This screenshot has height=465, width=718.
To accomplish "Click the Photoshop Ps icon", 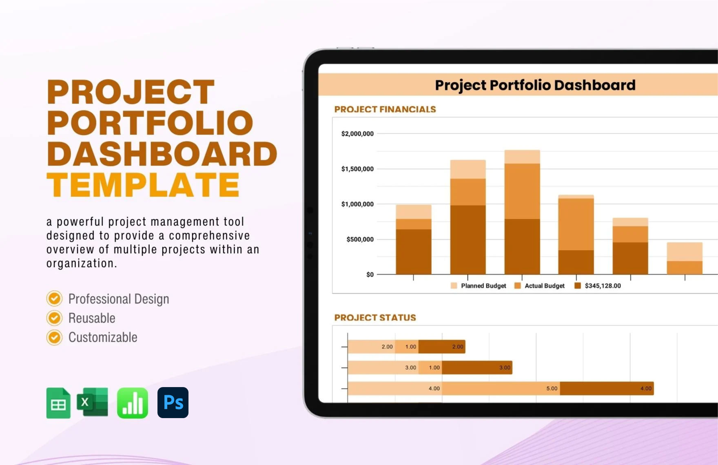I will pos(173,403).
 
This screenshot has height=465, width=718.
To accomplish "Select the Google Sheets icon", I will pos(58,403).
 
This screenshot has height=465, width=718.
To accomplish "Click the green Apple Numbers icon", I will pos(133,403).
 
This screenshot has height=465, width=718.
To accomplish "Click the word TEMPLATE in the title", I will pos(143,185).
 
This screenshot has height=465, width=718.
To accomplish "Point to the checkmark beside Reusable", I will pos(54,318).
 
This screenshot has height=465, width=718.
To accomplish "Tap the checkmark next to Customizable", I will pos(54,337).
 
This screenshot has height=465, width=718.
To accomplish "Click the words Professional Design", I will pos(118,299).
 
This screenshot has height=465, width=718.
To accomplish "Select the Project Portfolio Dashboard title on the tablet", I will pos(535,85).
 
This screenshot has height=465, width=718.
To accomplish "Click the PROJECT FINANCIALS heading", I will pos(385,109).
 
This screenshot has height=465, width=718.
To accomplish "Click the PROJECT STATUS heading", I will pos(375,317).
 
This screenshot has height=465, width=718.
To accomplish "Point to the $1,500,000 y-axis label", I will pos(357,169).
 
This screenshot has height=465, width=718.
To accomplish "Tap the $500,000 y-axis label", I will pos(360,239).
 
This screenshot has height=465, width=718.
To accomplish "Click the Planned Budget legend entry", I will pos(483,286).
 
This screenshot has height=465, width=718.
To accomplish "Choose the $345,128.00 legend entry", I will pos(602,286).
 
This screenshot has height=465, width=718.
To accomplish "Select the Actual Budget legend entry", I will pos(544,286).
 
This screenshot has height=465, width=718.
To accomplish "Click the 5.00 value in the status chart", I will pos(552,388).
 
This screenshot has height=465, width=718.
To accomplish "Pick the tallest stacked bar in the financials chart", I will pos(522,212).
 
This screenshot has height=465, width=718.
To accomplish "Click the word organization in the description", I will pos(81,263).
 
